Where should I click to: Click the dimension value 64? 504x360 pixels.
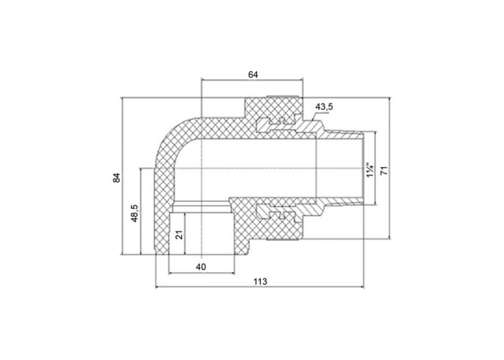point(253,75)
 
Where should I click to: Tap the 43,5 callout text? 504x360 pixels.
point(324,107)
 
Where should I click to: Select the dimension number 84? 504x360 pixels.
point(117,178)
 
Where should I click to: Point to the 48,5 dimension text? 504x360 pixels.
point(135,213)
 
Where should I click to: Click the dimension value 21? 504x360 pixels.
point(180,235)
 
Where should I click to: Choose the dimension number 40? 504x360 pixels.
point(201,267)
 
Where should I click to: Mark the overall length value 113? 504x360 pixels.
point(260,282)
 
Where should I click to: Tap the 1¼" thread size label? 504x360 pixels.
point(370,171)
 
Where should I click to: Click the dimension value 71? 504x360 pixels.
point(384,171)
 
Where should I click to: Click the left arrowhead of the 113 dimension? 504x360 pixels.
point(158,287)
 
